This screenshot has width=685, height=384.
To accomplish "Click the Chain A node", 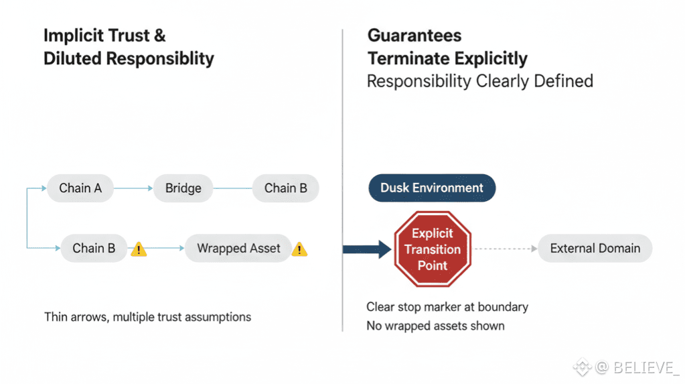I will coord(80,188).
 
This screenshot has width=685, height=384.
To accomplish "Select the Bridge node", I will coord(183,188).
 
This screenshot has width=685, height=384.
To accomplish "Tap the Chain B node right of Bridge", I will coord(285,188).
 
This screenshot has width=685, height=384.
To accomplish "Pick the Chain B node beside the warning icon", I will coord(94,249).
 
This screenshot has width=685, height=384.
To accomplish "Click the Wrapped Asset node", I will coord(238,249).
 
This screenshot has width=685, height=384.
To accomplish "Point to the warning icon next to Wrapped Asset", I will coord(299,249).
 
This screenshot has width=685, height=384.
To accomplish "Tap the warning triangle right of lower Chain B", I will coord(139,249).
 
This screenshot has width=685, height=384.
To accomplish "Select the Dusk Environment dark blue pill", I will coord(432,188).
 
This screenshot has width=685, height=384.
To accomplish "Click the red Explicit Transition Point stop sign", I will coord(433,249).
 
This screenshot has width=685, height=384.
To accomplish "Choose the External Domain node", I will coord(595,249).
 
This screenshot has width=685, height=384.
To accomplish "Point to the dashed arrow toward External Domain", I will coord(506,249).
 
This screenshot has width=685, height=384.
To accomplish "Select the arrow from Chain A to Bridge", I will coord(133,189).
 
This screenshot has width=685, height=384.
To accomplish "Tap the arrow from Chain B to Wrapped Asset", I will coord(165,249).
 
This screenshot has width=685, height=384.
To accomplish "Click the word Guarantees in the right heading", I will coord(414,36).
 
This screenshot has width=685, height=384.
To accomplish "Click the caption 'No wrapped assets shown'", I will coord(435,326).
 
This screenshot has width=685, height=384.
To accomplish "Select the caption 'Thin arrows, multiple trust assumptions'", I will coord(147,316).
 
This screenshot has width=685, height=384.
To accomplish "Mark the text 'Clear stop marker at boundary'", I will coord(447,307).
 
